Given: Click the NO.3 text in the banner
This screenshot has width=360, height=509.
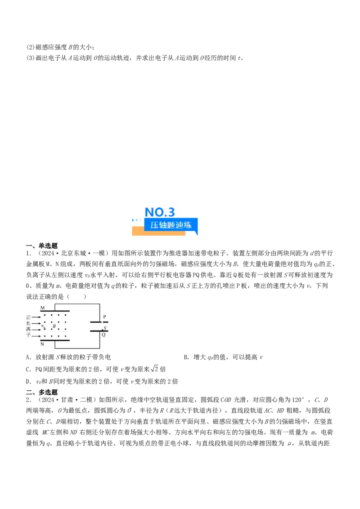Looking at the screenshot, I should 160,213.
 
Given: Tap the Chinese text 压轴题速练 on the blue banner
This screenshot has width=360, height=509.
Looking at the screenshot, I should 171,225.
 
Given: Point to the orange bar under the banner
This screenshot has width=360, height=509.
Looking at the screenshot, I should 158,233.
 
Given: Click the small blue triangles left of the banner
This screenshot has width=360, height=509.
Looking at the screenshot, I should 136,221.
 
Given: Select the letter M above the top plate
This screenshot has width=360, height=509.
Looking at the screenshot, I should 43,308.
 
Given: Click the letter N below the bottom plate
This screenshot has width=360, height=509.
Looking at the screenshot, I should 42,344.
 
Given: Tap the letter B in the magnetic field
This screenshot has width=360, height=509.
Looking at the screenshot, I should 54,326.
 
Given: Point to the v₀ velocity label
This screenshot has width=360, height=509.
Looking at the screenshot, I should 43,326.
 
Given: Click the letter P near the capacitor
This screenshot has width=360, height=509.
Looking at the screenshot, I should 104,317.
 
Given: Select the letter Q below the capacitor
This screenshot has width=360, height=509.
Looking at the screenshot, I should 103,335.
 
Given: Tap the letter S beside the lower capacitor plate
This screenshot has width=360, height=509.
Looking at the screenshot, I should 105,328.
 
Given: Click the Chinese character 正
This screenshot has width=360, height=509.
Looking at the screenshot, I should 28,317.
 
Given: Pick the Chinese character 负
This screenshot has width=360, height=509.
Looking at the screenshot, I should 28,323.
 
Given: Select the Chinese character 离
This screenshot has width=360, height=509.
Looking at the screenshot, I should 28,330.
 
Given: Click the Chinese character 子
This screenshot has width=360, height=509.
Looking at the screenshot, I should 28,336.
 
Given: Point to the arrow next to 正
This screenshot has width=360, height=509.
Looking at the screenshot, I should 36,317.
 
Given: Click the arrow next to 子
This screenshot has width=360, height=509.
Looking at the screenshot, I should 36,336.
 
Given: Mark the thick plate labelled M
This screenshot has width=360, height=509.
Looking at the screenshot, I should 55,311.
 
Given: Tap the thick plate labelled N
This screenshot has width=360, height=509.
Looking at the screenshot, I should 55,341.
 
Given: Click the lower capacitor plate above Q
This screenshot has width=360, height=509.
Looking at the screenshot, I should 99,331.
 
